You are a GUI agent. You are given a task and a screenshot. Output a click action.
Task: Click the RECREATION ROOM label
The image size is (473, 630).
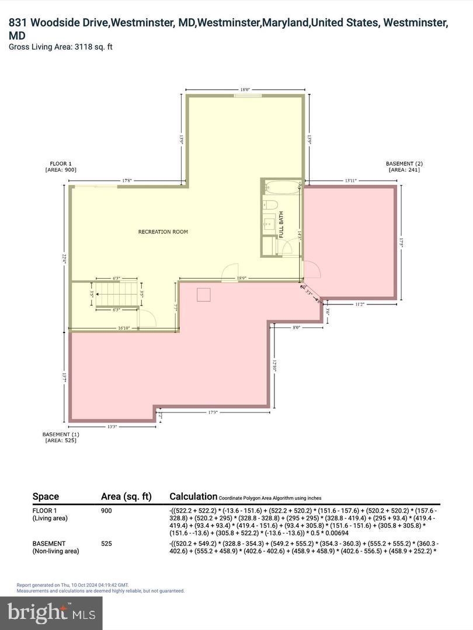(x=163, y=232)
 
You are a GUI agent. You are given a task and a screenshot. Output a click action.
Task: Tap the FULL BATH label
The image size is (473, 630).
(x=281, y=225)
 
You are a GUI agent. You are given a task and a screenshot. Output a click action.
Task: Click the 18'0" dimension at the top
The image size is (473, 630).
(x=245, y=90)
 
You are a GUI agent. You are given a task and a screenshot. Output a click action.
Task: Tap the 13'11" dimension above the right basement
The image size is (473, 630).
(x=352, y=181)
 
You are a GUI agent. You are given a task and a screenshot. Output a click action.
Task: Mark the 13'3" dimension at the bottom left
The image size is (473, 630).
(x=112, y=426)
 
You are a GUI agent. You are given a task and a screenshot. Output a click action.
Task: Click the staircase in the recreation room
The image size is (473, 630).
(x=117, y=293)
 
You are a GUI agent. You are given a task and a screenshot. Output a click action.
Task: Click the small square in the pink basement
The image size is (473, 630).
(x=203, y=295)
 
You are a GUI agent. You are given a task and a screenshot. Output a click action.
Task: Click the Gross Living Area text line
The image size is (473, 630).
(x=61, y=47)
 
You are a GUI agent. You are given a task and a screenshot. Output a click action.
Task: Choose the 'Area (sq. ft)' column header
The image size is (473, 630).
(x=126, y=496)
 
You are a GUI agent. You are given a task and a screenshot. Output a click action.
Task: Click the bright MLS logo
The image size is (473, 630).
(x=51, y=612)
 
